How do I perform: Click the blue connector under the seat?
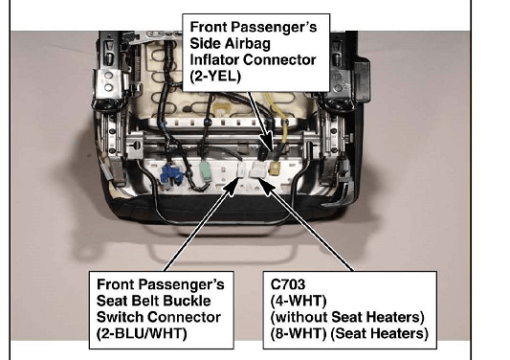[171, 176]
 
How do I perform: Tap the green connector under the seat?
[205, 169]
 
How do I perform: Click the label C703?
[288, 284]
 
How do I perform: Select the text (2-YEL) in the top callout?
[215, 77]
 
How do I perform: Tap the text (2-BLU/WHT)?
[142, 333]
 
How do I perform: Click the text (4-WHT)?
[299, 301]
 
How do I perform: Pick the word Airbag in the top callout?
[250, 44]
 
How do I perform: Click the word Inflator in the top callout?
[214, 60]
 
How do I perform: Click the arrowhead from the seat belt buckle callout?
[232, 187]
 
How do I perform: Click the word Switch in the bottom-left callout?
[121, 317]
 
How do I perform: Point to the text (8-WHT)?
[299, 333]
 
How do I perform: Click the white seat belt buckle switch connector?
[242, 170]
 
